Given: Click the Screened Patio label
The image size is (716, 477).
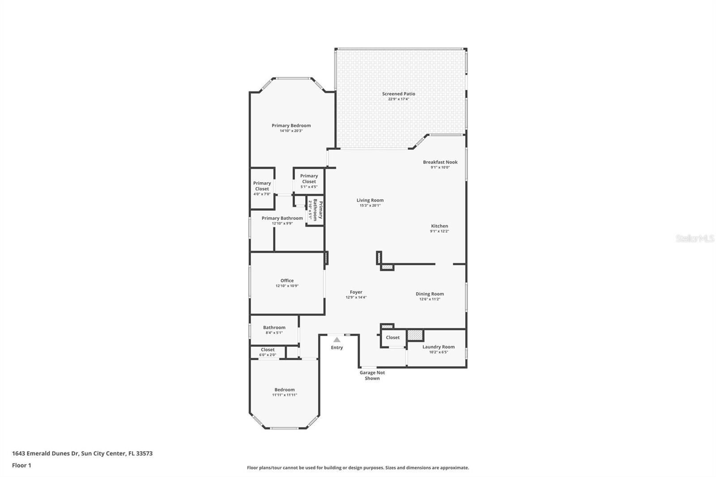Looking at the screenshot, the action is (x=399, y=94).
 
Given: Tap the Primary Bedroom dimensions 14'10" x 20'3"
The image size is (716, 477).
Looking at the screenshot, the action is (x=291, y=131).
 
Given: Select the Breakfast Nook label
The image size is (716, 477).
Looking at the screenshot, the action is (x=440, y=162).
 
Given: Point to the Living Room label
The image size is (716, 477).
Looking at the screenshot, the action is (x=370, y=200).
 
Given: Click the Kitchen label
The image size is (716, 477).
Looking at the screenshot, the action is (x=439, y=226).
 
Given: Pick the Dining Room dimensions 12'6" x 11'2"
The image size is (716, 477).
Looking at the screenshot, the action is (x=430, y=299).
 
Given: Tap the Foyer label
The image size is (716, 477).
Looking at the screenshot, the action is (x=356, y=292).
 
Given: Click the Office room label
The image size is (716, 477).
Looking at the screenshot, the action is (x=287, y=281).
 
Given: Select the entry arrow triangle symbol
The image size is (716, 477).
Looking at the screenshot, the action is (x=337, y=340).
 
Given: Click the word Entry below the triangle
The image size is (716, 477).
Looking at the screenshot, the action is (x=337, y=348).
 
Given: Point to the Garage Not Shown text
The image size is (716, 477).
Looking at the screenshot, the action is (x=372, y=375).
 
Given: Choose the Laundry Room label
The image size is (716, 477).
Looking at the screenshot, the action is (x=439, y=347).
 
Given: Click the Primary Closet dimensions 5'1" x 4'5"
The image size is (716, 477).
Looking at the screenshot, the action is (x=309, y=187).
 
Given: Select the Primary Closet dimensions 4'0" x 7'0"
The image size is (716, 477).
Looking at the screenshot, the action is (x=262, y=194).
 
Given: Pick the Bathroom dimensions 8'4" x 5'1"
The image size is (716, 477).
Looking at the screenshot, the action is (x=274, y=333).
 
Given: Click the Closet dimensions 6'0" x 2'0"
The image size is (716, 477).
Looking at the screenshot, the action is (x=268, y=355).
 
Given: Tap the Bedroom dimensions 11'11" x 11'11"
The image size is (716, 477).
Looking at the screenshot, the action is (x=285, y=395).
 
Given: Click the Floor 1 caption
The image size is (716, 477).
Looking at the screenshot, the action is (x=22, y=465).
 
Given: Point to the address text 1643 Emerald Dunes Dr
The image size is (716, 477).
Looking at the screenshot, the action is (x=45, y=453).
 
